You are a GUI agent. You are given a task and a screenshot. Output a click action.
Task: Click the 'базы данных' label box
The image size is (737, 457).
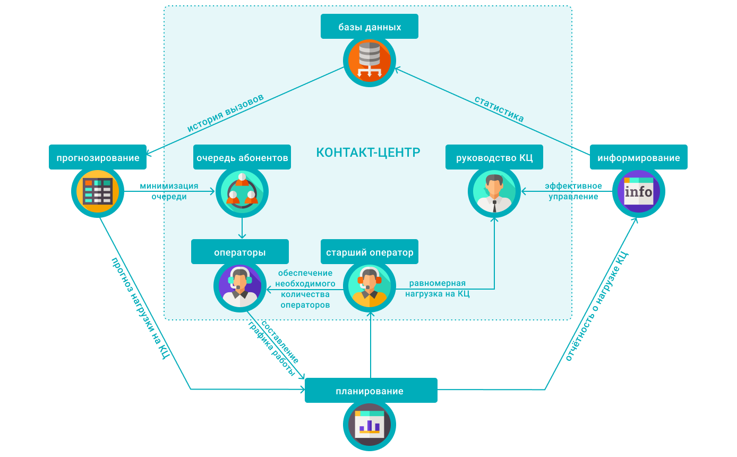[369, 27]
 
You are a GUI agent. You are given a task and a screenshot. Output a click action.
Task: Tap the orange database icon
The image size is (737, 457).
[370, 61]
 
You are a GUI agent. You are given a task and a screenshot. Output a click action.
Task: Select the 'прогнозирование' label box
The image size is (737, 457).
[98, 157]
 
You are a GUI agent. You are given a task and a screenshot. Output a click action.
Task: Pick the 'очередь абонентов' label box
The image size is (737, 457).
[242, 157]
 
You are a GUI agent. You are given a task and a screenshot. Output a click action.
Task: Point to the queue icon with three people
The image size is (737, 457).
[242, 192]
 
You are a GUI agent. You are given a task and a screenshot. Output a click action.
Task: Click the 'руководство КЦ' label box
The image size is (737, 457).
[494, 157]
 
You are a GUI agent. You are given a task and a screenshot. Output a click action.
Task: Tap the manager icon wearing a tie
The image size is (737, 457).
[494, 192]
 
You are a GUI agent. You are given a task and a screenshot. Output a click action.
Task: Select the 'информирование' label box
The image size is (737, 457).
[638, 157]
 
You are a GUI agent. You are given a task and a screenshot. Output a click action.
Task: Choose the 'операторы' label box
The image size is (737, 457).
[240, 252]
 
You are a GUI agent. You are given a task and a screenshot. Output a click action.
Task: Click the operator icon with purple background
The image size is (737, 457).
[240, 287]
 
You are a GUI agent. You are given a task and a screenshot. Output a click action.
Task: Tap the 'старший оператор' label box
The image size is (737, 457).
[370, 252]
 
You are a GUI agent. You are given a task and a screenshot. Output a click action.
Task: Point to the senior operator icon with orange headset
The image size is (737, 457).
[370, 287]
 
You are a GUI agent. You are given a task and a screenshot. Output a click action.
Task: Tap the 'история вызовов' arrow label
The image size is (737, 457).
[225, 114]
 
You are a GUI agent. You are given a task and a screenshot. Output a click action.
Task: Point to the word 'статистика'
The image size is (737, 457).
[499, 109]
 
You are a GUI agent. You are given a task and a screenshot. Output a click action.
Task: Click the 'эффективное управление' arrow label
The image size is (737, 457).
[573, 191]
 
